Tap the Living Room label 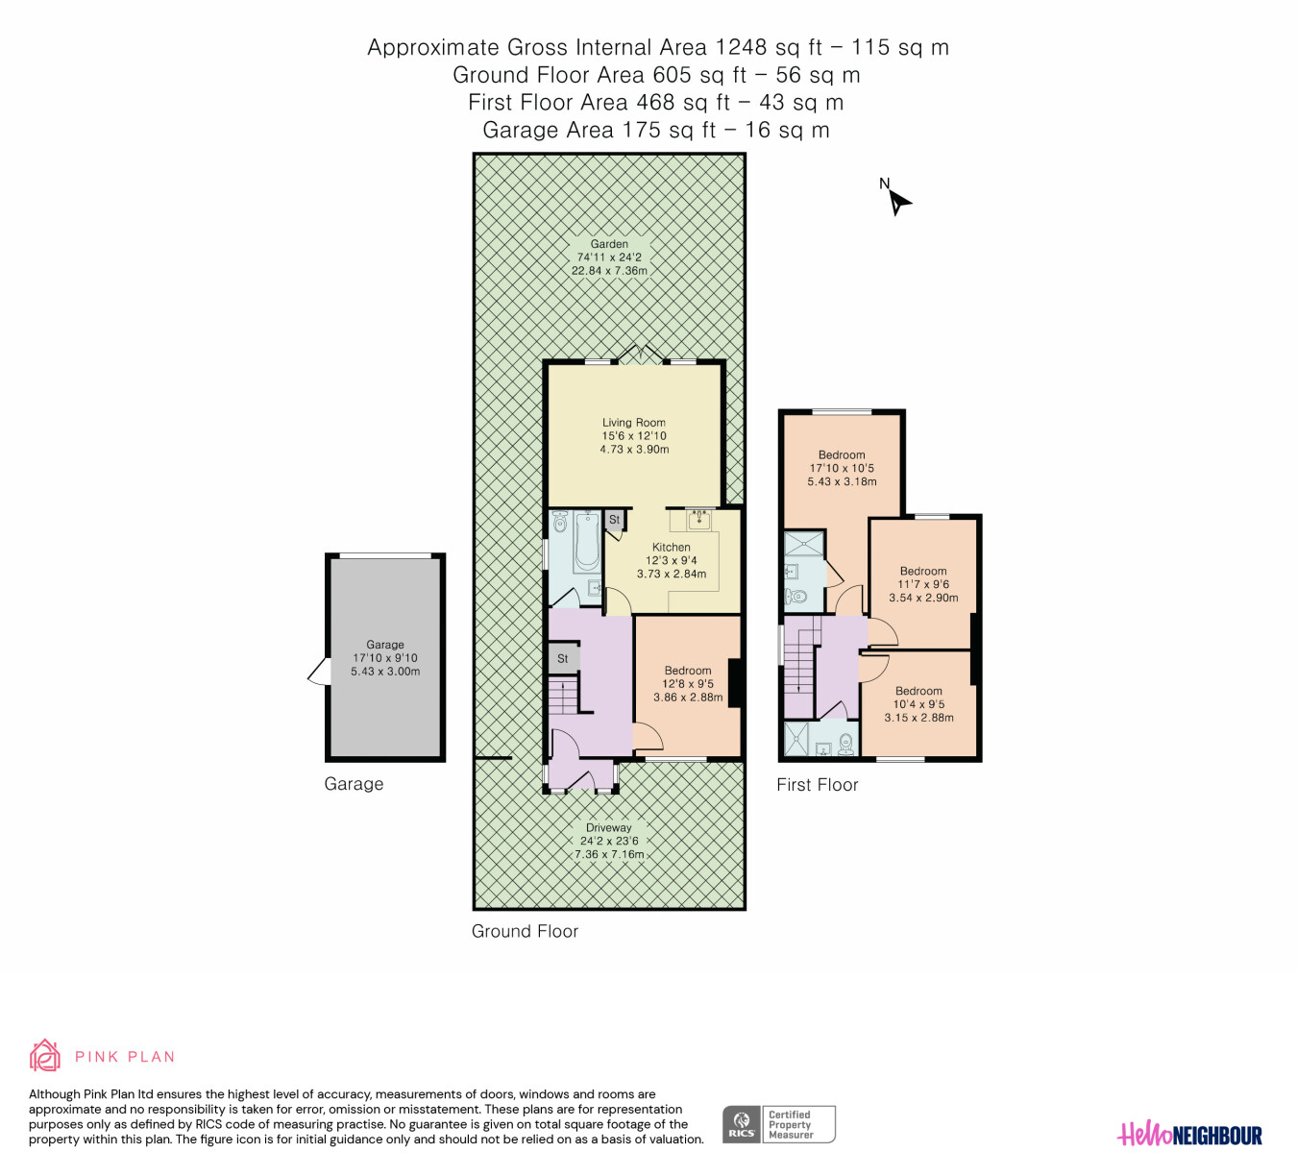pyautogui.click(x=634, y=435)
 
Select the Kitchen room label pyautogui.click(x=672, y=560)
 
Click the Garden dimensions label pyautogui.click(x=609, y=257)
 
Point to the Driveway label pyautogui.click(x=609, y=841)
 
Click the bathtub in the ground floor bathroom pyautogui.click(x=586, y=541)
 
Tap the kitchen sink pyautogui.click(x=698, y=519)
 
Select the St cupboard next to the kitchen pyautogui.click(x=614, y=520)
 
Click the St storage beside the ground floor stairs pyautogui.click(x=562, y=658)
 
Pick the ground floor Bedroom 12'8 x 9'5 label pyautogui.click(x=687, y=684)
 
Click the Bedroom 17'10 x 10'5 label pyautogui.click(x=842, y=468)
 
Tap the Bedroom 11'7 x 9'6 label pyautogui.click(x=922, y=584)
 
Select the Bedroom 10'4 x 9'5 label pyautogui.click(x=918, y=704)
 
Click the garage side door pyautogui.click(x=319, y=672)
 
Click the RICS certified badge pyautogui.click(x=778, y=1124)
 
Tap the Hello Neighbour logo pyautogui.click(x=1189, y=1134)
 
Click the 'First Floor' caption pyautogui.click(x=818, y=785)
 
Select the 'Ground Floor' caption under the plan pyautogui.click(x=525, y=931)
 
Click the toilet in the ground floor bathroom pyautogui.click(x=560, y=522)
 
